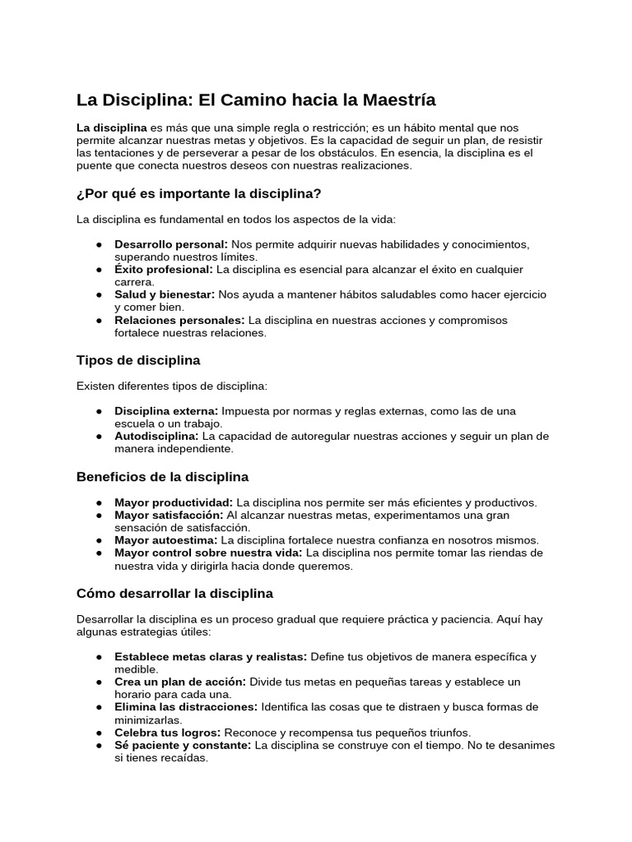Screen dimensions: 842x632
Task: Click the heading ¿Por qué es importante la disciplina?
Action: [x=198, y=193]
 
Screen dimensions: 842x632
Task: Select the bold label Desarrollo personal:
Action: [x=171, y=244]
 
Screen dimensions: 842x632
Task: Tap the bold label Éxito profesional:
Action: [x=164, y=270]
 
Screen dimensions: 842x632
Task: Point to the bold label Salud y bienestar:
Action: [x=165, y=294]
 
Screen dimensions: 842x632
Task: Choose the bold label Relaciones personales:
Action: [x=179, y=320]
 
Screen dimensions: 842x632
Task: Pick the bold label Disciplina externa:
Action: [x=166, y=411]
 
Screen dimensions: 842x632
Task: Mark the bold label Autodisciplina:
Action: [x=156, y=436]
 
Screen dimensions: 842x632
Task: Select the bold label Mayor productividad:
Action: [x=174, y=502]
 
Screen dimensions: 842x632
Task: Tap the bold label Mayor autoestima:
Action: [x=166, y=540]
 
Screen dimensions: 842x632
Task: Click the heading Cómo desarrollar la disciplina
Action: [x=174, y=593]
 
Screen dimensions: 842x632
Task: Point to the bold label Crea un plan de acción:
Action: [x=180, y=682]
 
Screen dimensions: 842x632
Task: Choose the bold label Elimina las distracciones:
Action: [x=186, y=707]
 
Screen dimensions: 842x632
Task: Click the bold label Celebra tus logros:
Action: [x=167, y=733]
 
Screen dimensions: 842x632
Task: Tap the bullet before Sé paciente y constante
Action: [x=99, y=745]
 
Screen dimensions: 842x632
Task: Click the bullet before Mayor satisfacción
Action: [x=99, y=516]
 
